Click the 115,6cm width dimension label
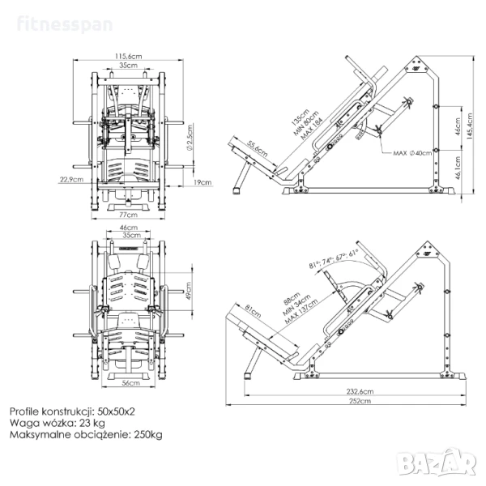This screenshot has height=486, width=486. (125, 55)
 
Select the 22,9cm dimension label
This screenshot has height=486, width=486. (70, 179)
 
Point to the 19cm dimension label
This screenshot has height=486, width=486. (202, 183)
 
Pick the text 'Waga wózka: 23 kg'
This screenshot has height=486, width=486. (57, 422)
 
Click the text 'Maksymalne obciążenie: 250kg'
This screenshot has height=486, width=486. (86, 435)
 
